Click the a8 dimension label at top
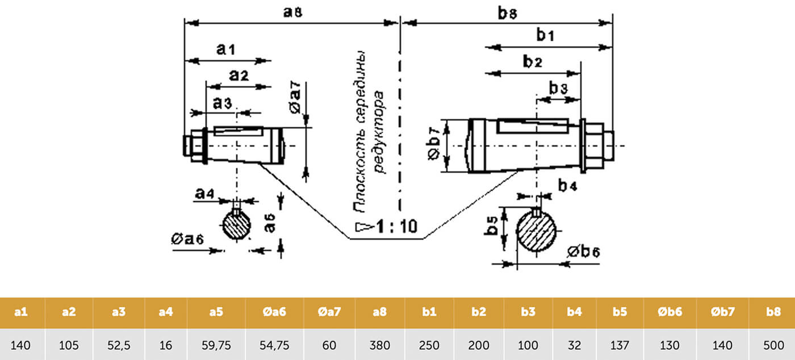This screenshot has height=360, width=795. pyautogui.click(x=293, y=12)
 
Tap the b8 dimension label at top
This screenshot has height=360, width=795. pyautogui.click(x=508, y=13)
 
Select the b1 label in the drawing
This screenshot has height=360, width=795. pyautogui.click(x=545, y=35)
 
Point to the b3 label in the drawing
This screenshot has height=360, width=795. pyautogui.click(x=558, y=87)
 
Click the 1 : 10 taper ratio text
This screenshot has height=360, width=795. pyautogui.click(x=397, y=226)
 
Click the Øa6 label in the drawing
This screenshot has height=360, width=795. pyautogui.click(x=187, y=239)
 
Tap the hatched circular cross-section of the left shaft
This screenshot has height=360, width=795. pyautogui.click(x=236, y=225)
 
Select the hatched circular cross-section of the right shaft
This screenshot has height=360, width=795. pyautogui.click(x=536, y=231)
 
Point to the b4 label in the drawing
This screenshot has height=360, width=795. pyautogui.click(x=567, y=185)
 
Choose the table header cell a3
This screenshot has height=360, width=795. pyautogui.click(x=119, y=312)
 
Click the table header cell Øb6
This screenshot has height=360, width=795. pyautogui.click(x=670, y=312)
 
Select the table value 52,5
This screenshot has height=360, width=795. pyautogui.click(x=119, y=345)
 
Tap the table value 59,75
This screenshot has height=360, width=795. pyautogui.click(x=216, y=345)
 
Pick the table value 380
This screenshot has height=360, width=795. pyautogui.click(x=379, y=345)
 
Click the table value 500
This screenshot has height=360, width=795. pyautogui.click(x=773, y=345)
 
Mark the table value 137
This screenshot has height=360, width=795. pyautogui.click(x=620, y=345)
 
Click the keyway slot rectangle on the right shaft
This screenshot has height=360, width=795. pyautogui.click(x=533, y=126)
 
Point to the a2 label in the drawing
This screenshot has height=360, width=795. pyautogui.click(x=239, y=76)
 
